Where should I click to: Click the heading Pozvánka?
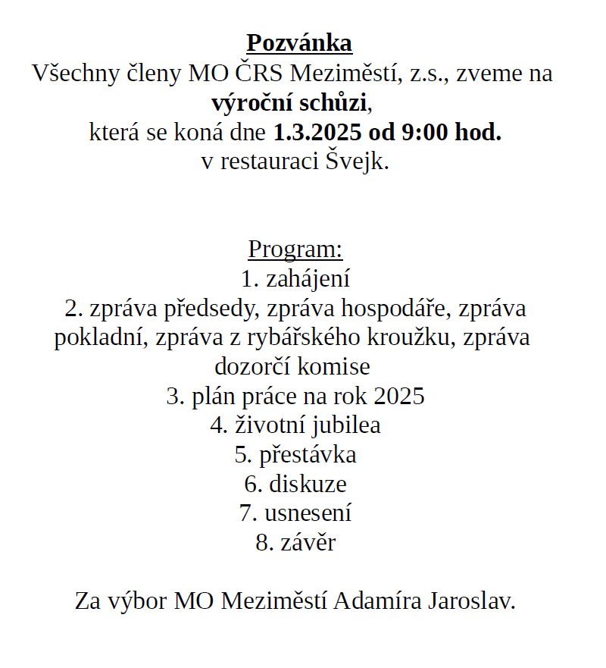[299, 43]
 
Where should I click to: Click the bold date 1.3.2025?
[316, 133]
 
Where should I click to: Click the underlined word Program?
[295, 249]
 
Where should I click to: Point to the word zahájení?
[308, 279]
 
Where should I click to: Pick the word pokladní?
[102, 338]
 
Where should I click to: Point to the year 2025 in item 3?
[399, 397]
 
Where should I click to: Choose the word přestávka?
[308, 455]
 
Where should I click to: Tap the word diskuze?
[308, 484]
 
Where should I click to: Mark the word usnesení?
[308, 513]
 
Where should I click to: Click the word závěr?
[308, 543]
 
